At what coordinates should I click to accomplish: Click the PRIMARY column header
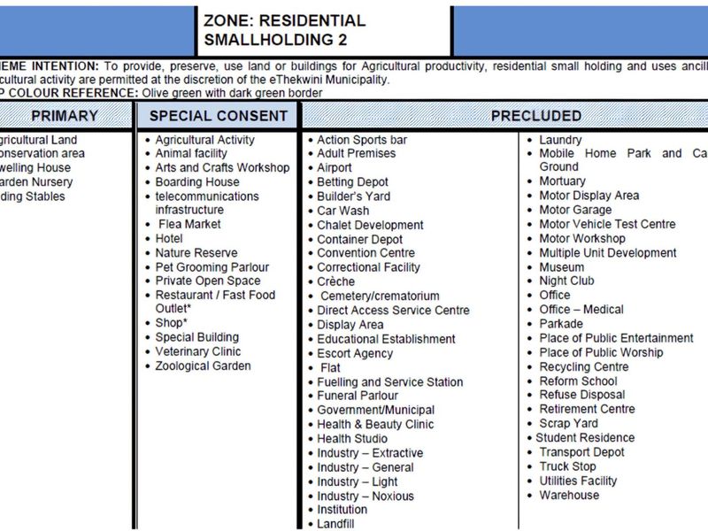coord(64,116)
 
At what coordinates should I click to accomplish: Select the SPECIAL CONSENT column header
coord(218,116)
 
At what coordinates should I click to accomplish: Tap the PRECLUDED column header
coord(536,116)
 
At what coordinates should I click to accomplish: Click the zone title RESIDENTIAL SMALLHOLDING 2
coord(283,30)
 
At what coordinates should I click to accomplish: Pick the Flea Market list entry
coord(189,224)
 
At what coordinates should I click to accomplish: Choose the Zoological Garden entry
coord(203,366)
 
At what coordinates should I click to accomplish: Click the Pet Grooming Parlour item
coord(212,266)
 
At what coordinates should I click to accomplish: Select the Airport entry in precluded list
coord(335,167)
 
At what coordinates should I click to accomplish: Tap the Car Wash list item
coord(343,211)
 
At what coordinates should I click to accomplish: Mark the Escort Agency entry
coord(355,353)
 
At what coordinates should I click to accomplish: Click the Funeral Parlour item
coord(358,396)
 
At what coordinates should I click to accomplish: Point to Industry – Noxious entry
coord(366,496)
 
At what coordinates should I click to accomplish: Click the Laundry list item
coord(560,140)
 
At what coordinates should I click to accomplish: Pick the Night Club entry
coord(566,281)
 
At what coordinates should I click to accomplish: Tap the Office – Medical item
coord(581,309)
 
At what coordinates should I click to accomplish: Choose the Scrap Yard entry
coord(568,423)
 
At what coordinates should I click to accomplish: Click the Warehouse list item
coord(569,495)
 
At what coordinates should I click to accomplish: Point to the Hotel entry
coord(169,238)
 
